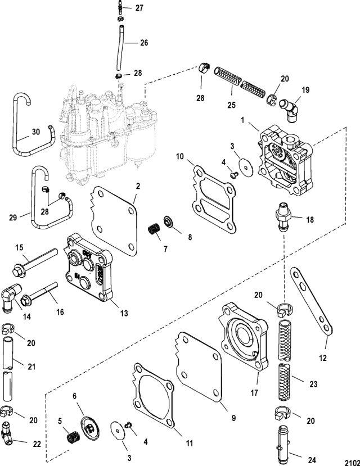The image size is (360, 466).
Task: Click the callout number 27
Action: coord(139,8)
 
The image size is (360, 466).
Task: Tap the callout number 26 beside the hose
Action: coord(144,43)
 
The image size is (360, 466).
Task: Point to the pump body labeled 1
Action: coord(285,160)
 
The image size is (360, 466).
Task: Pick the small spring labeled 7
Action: coord(154,229)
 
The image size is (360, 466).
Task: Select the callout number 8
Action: coord(190,237)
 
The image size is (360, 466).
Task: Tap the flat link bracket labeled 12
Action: coord(311,302)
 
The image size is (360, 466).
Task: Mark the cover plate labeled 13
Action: coord(89,268)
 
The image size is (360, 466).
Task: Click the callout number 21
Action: coord(31,367)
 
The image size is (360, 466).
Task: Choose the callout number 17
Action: coord(254,393)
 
